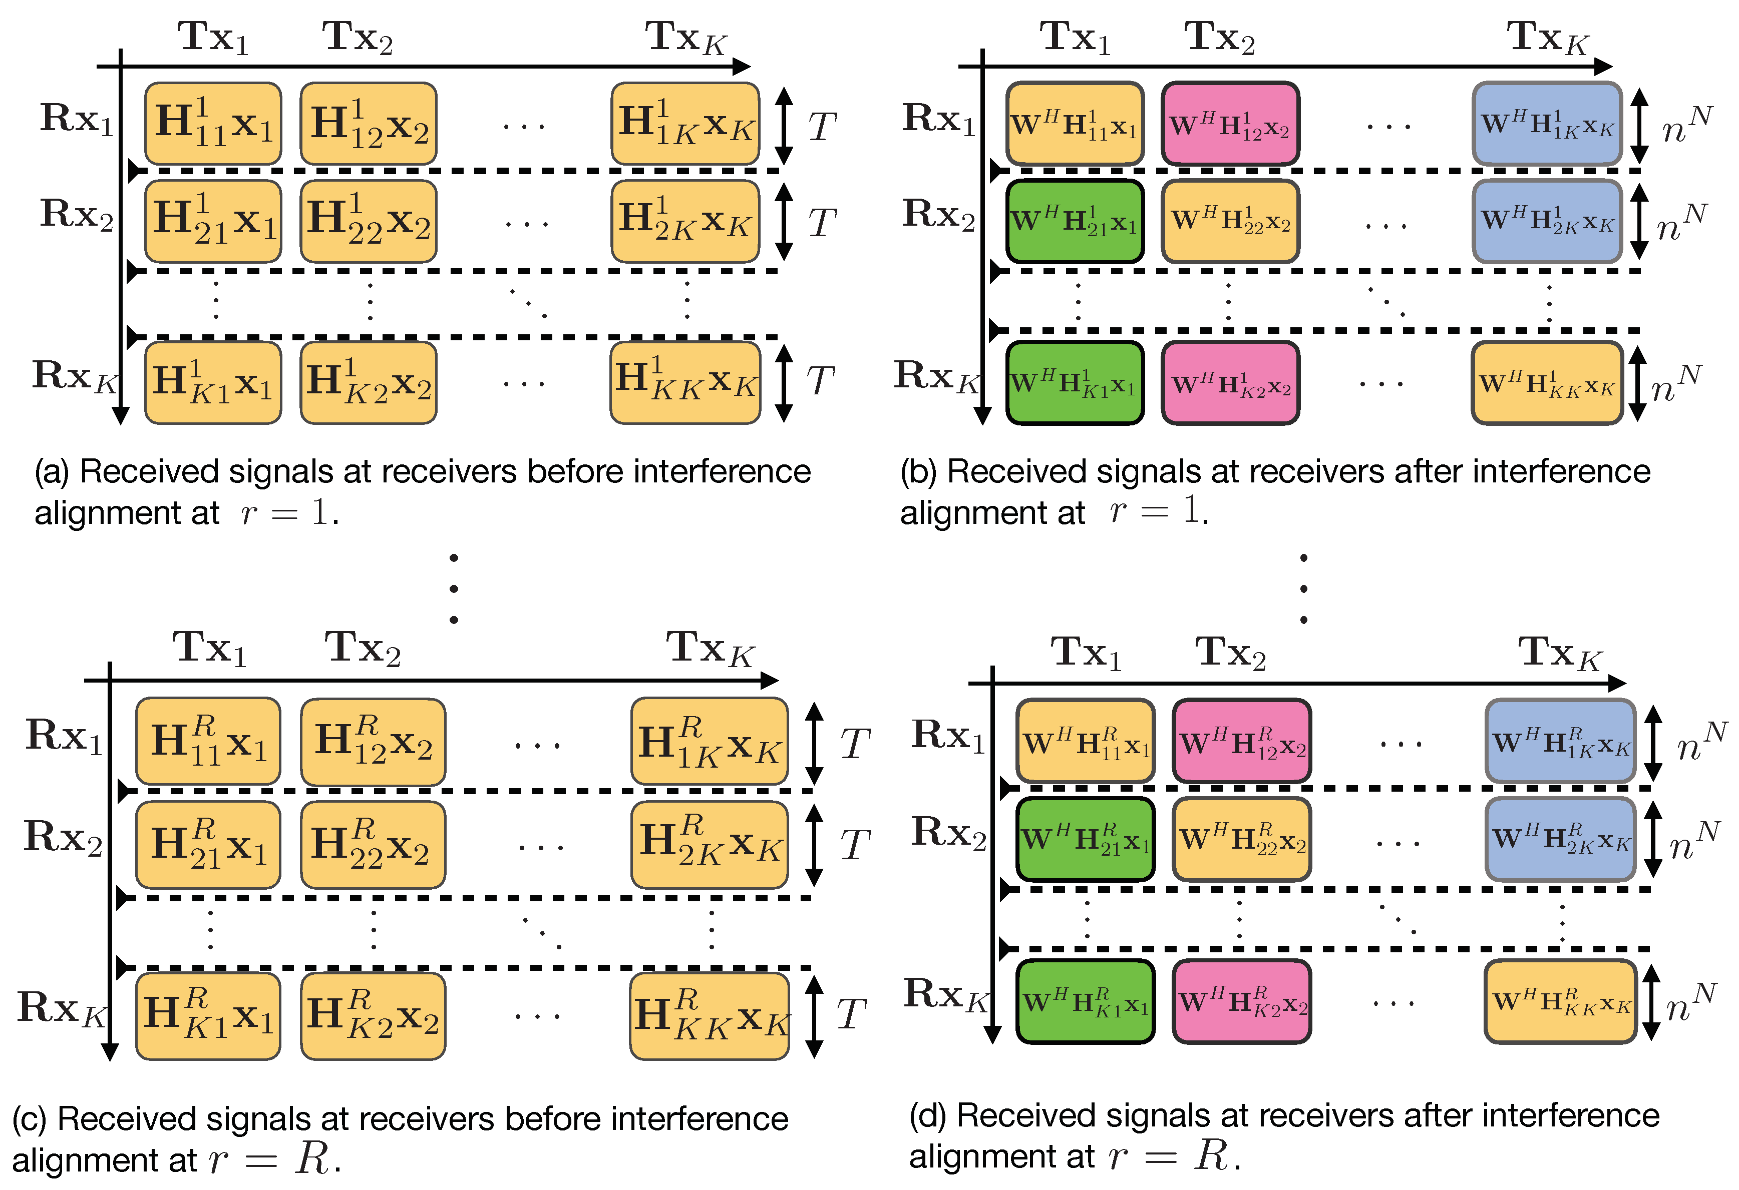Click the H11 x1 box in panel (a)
[213, 124]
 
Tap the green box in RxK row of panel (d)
[1085, 1001]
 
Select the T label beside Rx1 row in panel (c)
[855, 744]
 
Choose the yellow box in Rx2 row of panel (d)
[1241, 839]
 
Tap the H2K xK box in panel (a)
[684, 221]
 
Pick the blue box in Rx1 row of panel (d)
[1559, 741]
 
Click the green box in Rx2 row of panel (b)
[1075, 221]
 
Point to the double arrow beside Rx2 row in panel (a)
[784, 222]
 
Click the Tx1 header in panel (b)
[1075, 38]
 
